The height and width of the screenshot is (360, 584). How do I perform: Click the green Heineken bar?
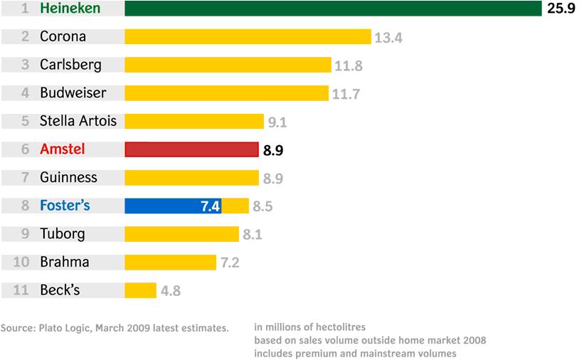tap(333, 9)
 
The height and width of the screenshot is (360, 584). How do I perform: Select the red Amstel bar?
tap(191, 149)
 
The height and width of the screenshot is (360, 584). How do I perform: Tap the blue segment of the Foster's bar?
tap(173, 206)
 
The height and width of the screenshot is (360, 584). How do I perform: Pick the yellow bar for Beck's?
tap(140, 290)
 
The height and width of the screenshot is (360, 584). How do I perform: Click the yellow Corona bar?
tap(248, 37)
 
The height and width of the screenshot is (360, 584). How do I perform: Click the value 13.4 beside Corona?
tap(388, 38)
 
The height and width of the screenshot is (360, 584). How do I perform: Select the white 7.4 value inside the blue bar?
tap(211, 206)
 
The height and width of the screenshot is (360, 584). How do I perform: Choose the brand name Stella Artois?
tap(78, 121)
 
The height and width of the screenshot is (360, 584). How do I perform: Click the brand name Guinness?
tap(68, 177)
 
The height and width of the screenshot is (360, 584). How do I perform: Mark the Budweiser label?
tap(73, 93)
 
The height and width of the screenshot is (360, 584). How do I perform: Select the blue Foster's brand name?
tap(65, 206)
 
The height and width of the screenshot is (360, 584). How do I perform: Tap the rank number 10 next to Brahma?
tap(21, 262)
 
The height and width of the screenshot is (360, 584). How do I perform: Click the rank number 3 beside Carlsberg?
tap(25, 65)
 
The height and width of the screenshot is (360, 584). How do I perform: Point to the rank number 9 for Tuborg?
tap(25, 234)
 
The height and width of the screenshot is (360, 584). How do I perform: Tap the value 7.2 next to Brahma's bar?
tap(230, 263)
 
